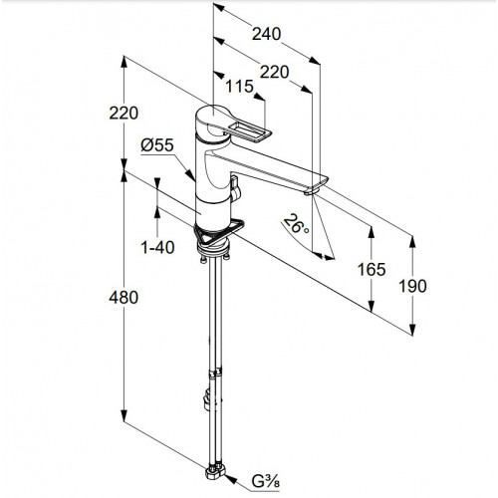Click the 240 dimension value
(x=266, y=34)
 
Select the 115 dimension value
(x=239, y=87)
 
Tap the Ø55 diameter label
(x=157, y=145)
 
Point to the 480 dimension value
(x=124, y=297)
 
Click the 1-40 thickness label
(x=157, y=247)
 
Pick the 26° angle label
(x=296, y=224)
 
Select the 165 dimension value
(x=372, y=269)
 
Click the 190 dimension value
(x=412, y=286)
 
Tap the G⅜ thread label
(x=265, y=482)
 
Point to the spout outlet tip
(x=312, y=191)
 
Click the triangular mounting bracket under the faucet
(x=219, y=232)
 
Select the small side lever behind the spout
(x=235, y=189)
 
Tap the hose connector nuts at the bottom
(x=215, y=472)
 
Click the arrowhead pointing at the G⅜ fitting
(x=231, y=479)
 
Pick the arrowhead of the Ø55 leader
(x=190, y=175)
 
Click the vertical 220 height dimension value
(x=124, y=114)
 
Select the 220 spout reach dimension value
(x=274, y=72)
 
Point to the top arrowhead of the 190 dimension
(x=412, y=242)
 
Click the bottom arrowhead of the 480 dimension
(x=124, y=415)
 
